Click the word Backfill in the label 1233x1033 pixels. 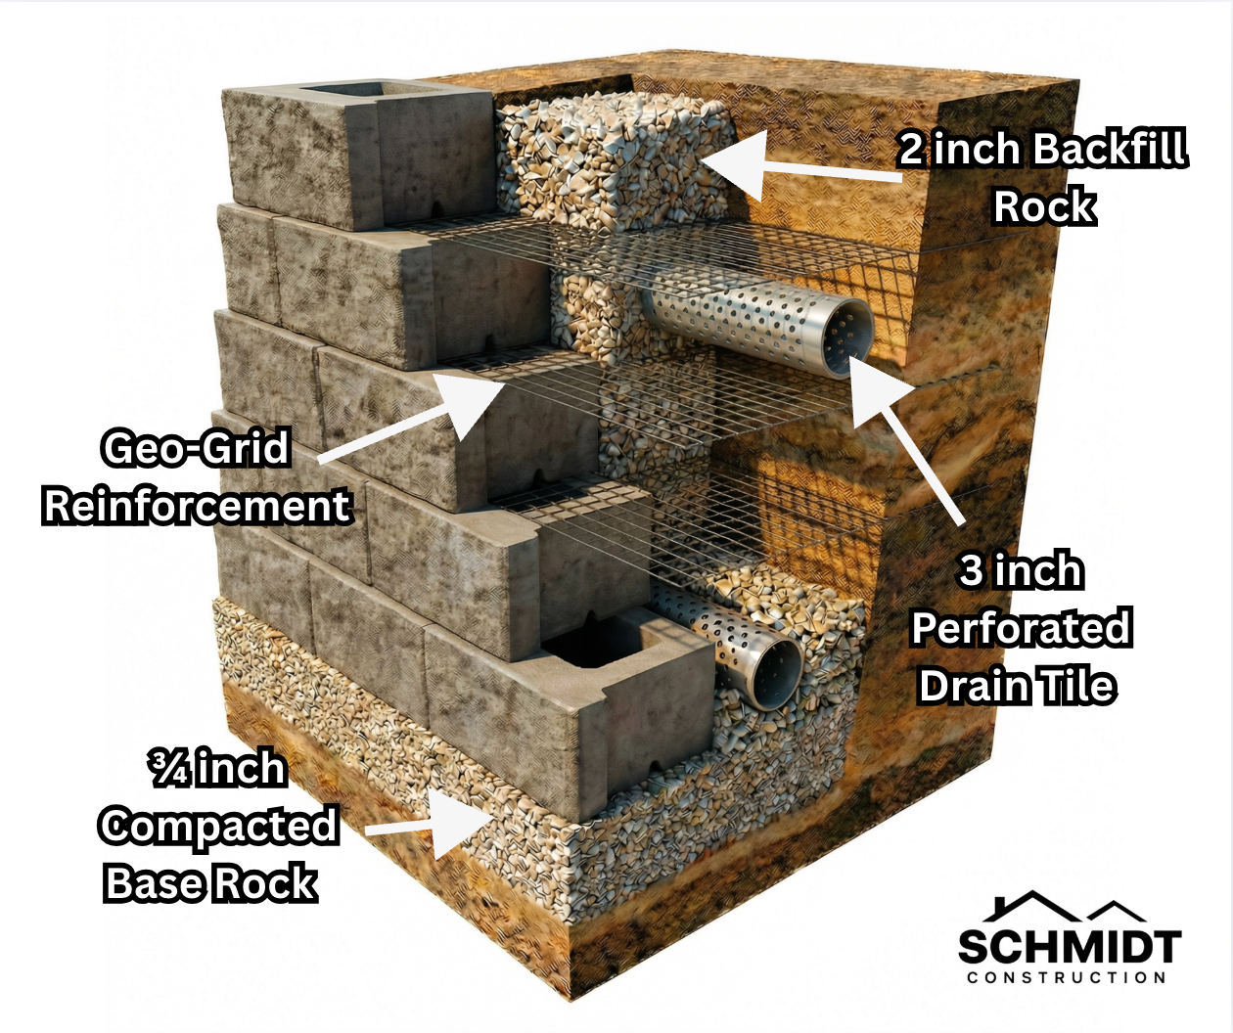click(x=1109, y=150)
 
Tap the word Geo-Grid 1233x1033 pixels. click(x=196, y=448)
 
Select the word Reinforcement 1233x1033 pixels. click(x=197, y=506)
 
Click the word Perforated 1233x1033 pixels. click(x=1021, y=628)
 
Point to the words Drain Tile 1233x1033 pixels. click(x=1017, y=686)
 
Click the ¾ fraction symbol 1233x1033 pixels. click(x=168, y=769)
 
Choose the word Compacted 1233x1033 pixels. click(x=218, y=827)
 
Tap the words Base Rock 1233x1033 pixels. click(x=210, y=883)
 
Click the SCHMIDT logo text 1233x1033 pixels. click(x=1069, y=947)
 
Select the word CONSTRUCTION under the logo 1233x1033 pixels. click(x=1067, y=977)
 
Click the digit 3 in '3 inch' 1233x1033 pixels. click(x=971, y=570)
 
